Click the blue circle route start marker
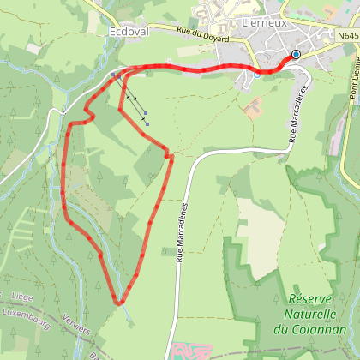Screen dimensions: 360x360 pos(296,54)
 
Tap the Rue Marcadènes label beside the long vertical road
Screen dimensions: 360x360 pos(182,231)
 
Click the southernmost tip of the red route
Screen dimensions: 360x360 pos(121,302)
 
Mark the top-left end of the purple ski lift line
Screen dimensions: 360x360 pos(113,75)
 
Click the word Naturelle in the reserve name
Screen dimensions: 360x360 pos(305,314)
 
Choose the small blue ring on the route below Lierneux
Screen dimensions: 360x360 pos(256,73)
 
